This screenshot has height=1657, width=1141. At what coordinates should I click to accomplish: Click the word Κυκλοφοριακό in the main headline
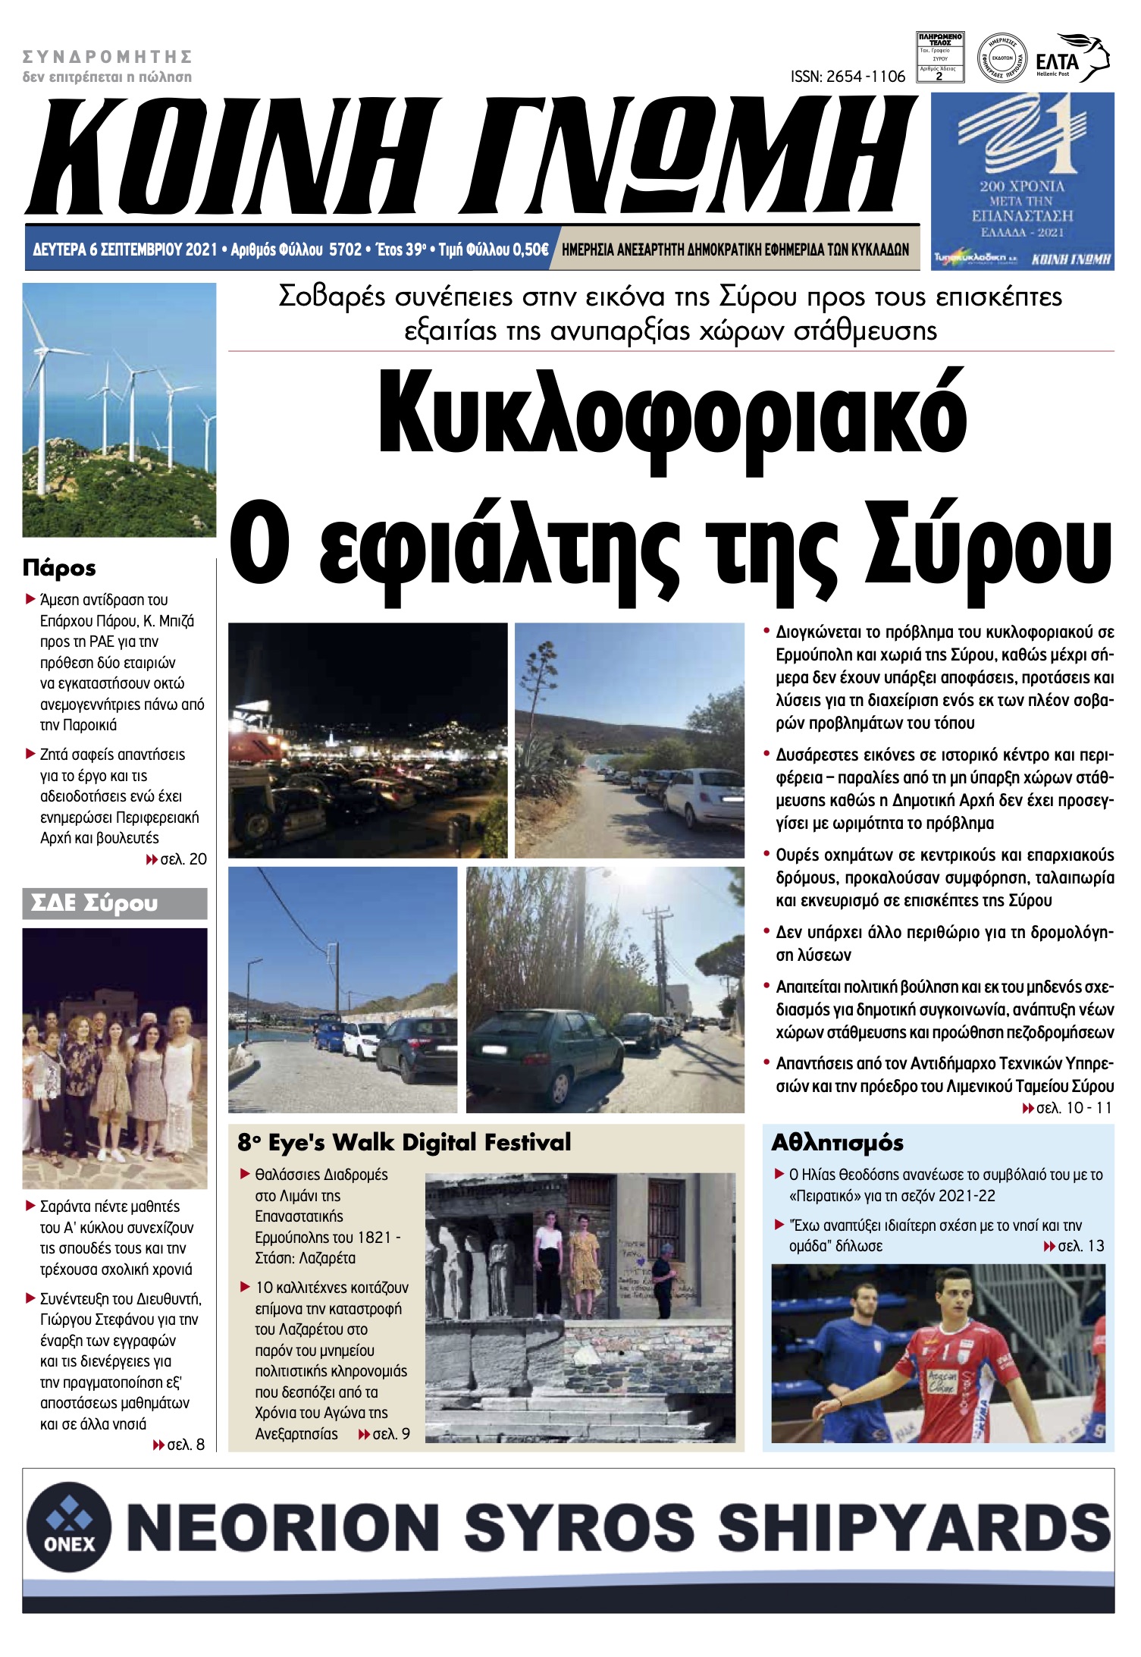(x=672, y=422)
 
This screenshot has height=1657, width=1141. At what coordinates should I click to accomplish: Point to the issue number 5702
(x=345, y=249)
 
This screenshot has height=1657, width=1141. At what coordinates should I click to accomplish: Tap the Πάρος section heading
(x=59, y=567)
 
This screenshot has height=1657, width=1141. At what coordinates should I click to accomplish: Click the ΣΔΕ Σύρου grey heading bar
(x=114, y=903)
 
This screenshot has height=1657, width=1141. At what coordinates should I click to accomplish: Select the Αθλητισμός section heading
(x=837, y=1143)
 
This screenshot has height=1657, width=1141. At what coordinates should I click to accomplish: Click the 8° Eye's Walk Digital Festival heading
(x=404, y=1143)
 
